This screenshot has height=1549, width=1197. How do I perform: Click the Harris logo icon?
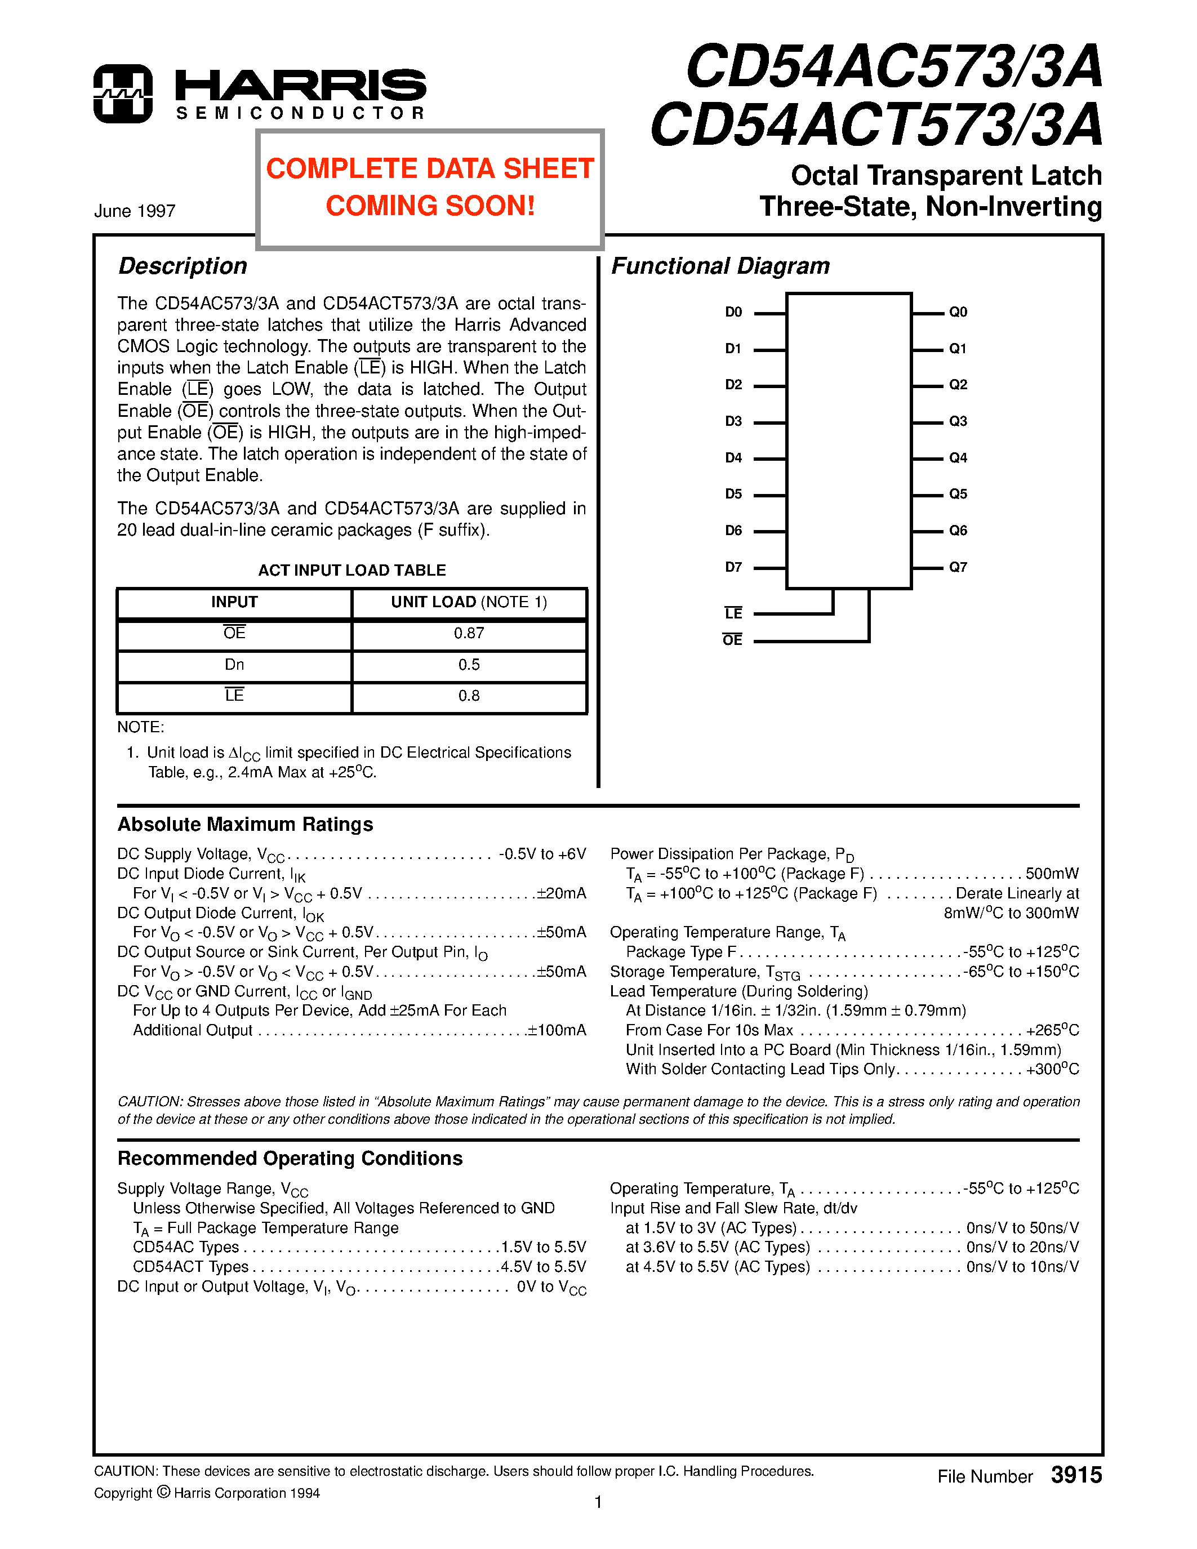point(123,94)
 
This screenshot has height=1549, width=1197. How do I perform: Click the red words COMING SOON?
point(430,206)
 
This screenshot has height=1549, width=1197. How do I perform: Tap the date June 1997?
point(135,211)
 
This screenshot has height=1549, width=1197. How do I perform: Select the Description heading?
point(183,266)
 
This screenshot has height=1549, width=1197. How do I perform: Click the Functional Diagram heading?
point(720,266)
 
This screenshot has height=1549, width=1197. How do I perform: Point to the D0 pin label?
point(733,312)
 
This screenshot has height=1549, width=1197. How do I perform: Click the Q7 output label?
point(958,567)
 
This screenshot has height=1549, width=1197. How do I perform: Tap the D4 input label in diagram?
point(733,458)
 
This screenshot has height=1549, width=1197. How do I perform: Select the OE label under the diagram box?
point(732,640)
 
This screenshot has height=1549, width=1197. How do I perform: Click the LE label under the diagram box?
point(733,613)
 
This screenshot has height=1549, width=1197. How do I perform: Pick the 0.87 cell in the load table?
point(469,633)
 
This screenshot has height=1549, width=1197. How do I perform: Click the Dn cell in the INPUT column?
point(234,665)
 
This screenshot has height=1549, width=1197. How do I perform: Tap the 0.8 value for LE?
point(469,696)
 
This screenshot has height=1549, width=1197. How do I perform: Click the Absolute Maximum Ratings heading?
point(246,824)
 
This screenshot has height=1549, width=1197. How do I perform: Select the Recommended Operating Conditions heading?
point(290,1158)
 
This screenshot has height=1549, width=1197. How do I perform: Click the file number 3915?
point(1076,1475)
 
